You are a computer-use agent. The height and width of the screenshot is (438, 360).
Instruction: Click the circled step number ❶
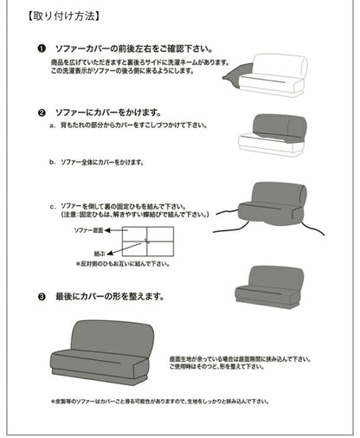(42, 50)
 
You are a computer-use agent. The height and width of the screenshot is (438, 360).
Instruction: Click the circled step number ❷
(42, 113)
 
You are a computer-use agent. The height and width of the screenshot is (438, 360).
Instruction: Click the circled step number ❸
(42, 296)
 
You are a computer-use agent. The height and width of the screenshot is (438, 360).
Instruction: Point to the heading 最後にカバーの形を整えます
(108, 296)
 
